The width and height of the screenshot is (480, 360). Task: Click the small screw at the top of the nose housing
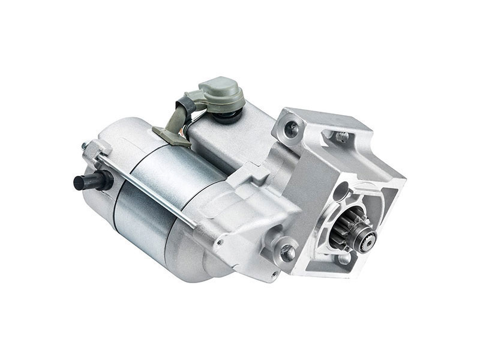click(343, 137)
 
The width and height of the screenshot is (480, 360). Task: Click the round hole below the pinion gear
click(344, 259)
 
